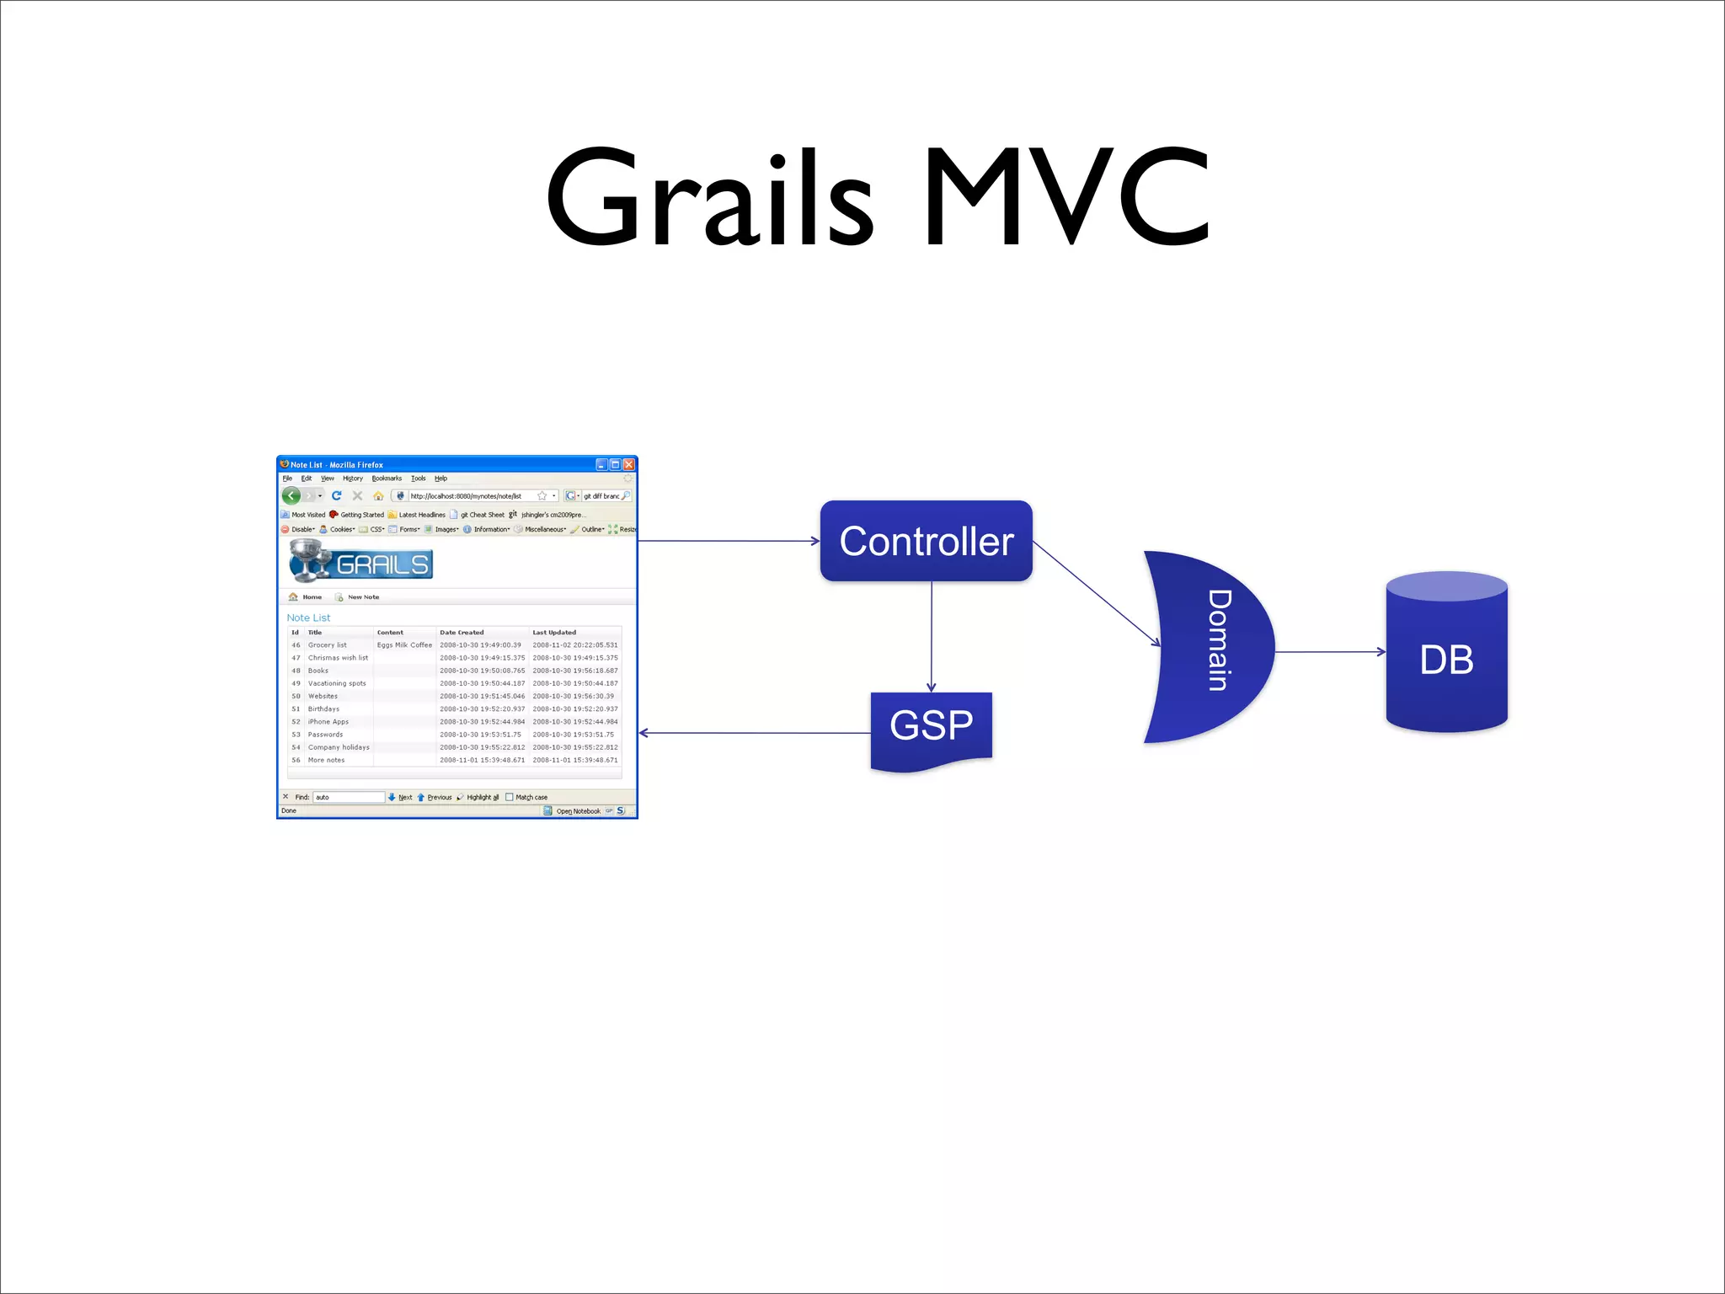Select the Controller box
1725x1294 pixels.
(926, 541)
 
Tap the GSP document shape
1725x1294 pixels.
(931, 726)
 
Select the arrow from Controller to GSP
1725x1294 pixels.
(932, 636)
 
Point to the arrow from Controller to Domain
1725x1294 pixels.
(1095, 593)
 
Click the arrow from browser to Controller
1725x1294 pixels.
(729, 541)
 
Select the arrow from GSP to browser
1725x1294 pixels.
(754, 733)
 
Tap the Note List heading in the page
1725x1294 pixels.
(308, 618)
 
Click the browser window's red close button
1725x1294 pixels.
(628, 464)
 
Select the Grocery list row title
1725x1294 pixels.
(327, 645)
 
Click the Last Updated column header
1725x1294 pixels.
(554, 633)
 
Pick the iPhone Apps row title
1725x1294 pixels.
(328, 722)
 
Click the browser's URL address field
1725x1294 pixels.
(467, 496)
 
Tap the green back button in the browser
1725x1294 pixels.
(291, 495)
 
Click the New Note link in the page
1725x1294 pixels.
(362, 597)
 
